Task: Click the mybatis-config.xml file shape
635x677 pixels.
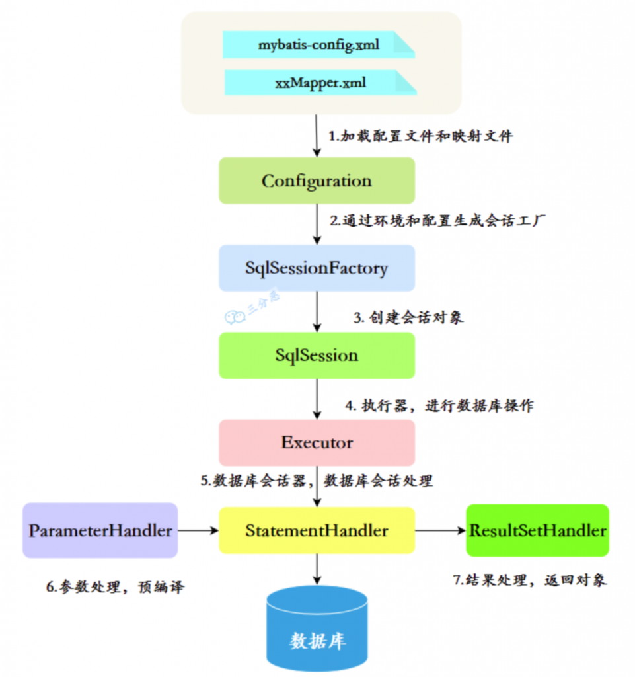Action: [x=318, y=44]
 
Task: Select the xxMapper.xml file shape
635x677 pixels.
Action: [x=320, y=83]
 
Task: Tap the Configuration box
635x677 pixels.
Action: [x=317, y=180]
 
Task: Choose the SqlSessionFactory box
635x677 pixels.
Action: [x=317, y=268]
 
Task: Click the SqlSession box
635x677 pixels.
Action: [x=317, y=355]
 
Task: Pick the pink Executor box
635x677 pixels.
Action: [x=317, y=442]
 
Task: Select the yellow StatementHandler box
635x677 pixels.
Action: [x=317, y=530]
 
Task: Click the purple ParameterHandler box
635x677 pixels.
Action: [x=100, y=530]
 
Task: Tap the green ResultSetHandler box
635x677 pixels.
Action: [x=537, y=530]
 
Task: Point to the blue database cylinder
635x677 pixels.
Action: [x=317, y=629]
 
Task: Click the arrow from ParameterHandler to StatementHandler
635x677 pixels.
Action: [x=198, y=530]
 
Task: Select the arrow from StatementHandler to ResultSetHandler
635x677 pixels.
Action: [x=441, y=530]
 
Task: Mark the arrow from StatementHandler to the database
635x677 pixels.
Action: [x=317, y=569]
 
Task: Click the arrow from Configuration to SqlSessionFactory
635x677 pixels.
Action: [x=317, y=224]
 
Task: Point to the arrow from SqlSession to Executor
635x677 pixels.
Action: [x=317, y=399]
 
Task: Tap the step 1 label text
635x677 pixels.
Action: [x=421, y=136]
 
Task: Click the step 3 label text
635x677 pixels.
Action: [x=408, y=318]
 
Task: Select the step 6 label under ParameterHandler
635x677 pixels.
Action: [x=115, y=587]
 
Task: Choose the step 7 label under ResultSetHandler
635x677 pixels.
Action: [x=530, y=580]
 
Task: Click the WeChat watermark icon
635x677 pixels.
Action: [x=235, y=317]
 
